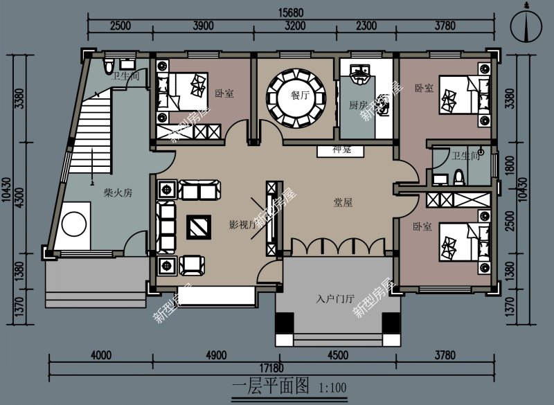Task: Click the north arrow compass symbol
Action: [528, 27]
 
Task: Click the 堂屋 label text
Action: [343, 203]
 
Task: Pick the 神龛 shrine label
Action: [342, 150]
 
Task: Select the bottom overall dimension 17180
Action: [276, 368]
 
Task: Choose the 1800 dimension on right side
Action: [510, 163]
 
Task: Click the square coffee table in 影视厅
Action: [199, 226]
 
